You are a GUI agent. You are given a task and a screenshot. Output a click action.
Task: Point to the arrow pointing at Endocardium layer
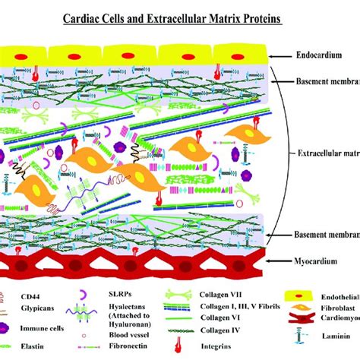point(279,55)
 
